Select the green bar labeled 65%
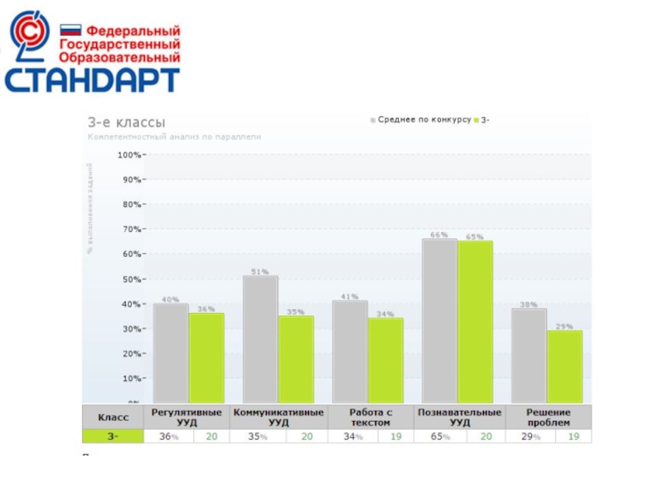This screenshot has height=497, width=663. point(475,321)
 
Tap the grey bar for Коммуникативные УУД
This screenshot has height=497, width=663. point(260,339)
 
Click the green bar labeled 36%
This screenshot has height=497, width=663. point(206,357)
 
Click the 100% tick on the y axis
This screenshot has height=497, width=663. point(130,154)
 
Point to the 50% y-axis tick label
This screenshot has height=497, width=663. point(131,279)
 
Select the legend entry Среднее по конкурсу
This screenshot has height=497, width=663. point(420,120)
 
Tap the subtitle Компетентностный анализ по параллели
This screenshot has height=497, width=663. point(174,137)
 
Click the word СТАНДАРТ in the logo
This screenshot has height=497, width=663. point(92,80)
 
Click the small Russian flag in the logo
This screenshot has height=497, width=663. point(70,30)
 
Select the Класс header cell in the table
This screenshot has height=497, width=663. point(113,417)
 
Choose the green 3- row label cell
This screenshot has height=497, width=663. point(113,437)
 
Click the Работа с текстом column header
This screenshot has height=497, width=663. point(370,417)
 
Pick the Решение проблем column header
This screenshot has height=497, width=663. point(548,417)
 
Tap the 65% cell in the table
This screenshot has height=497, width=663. point(440,437)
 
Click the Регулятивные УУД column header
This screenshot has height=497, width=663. point(187,417)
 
